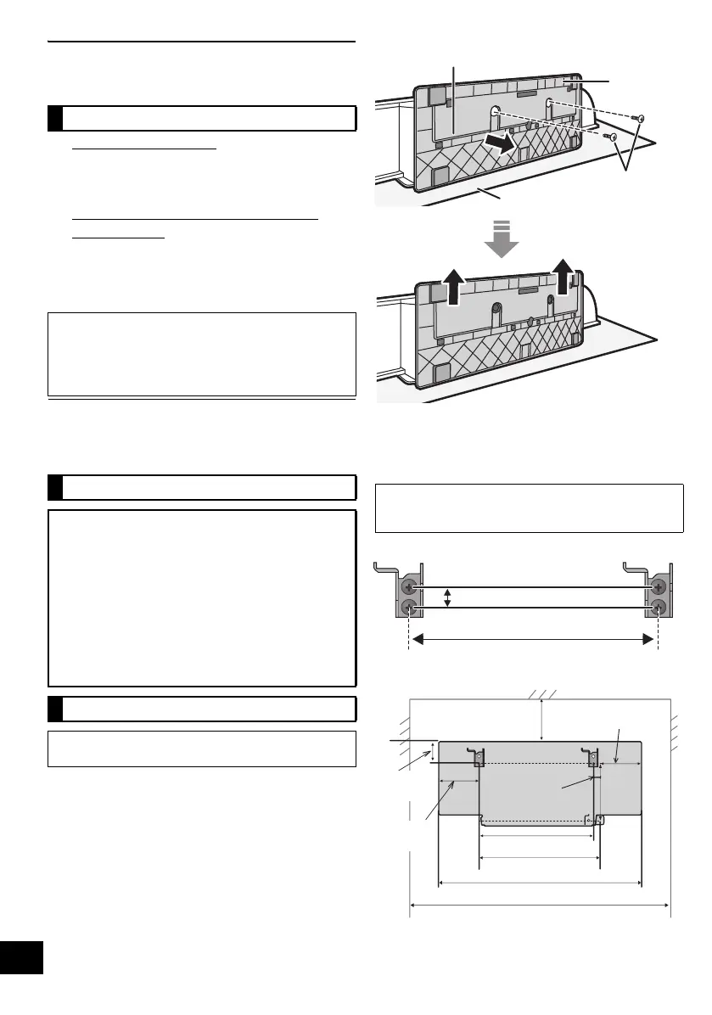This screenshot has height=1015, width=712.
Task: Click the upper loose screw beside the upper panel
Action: (x=641, y=118)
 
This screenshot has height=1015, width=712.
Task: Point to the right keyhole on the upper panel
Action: (x=552, y=104)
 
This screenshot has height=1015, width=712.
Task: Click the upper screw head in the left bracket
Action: (x=411, y=587)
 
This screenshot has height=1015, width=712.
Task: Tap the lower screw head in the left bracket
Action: (x=411, y=608)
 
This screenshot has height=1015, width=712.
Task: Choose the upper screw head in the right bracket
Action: (x=658, y=587)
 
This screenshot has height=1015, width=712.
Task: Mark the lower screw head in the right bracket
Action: (x=658, y=608)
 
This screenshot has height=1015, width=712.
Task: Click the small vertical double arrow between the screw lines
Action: (x=449, y=598)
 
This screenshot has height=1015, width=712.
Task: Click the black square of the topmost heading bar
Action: (x=56, y=118)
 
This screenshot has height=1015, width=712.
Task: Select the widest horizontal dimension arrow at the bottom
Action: (x=541, y=906)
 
